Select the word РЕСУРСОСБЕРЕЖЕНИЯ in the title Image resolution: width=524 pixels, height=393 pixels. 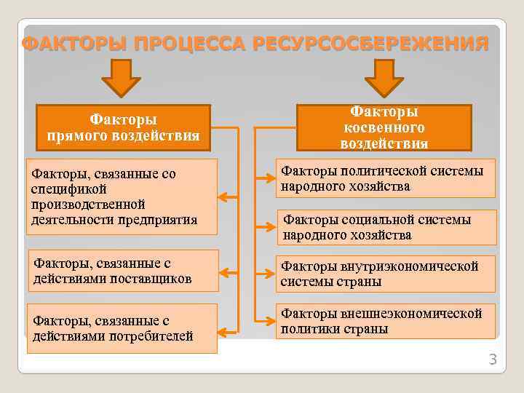(370, 44)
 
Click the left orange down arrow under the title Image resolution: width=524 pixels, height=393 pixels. (121, 77)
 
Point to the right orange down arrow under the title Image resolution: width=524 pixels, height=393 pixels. (384, 77)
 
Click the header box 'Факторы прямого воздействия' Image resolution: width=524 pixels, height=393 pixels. (123, 127)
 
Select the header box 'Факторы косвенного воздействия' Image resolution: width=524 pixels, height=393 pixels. (384, 127)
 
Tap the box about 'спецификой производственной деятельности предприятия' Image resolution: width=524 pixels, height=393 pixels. (122, 196)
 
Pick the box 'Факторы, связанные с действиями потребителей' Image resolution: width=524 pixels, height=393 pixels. (122, 328)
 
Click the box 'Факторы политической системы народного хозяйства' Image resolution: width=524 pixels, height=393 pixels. (385, 178)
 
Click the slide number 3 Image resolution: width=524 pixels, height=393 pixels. (492, 360)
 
